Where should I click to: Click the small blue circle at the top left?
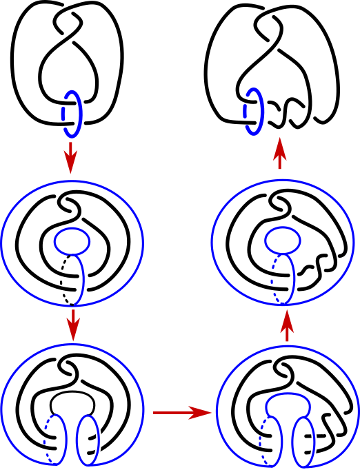(78, 112)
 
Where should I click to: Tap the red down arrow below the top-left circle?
(70, 158)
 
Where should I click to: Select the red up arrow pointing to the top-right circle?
(279, 152)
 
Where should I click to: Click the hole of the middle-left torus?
(72, 241)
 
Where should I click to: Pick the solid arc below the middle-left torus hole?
(82, 279)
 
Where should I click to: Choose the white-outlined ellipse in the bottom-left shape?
(88, 440)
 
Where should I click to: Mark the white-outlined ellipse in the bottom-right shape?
(303, 442)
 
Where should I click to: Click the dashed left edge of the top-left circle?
(63, 112)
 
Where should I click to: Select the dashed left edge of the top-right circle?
(246, 112)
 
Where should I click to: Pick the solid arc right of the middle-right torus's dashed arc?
(294, 279)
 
